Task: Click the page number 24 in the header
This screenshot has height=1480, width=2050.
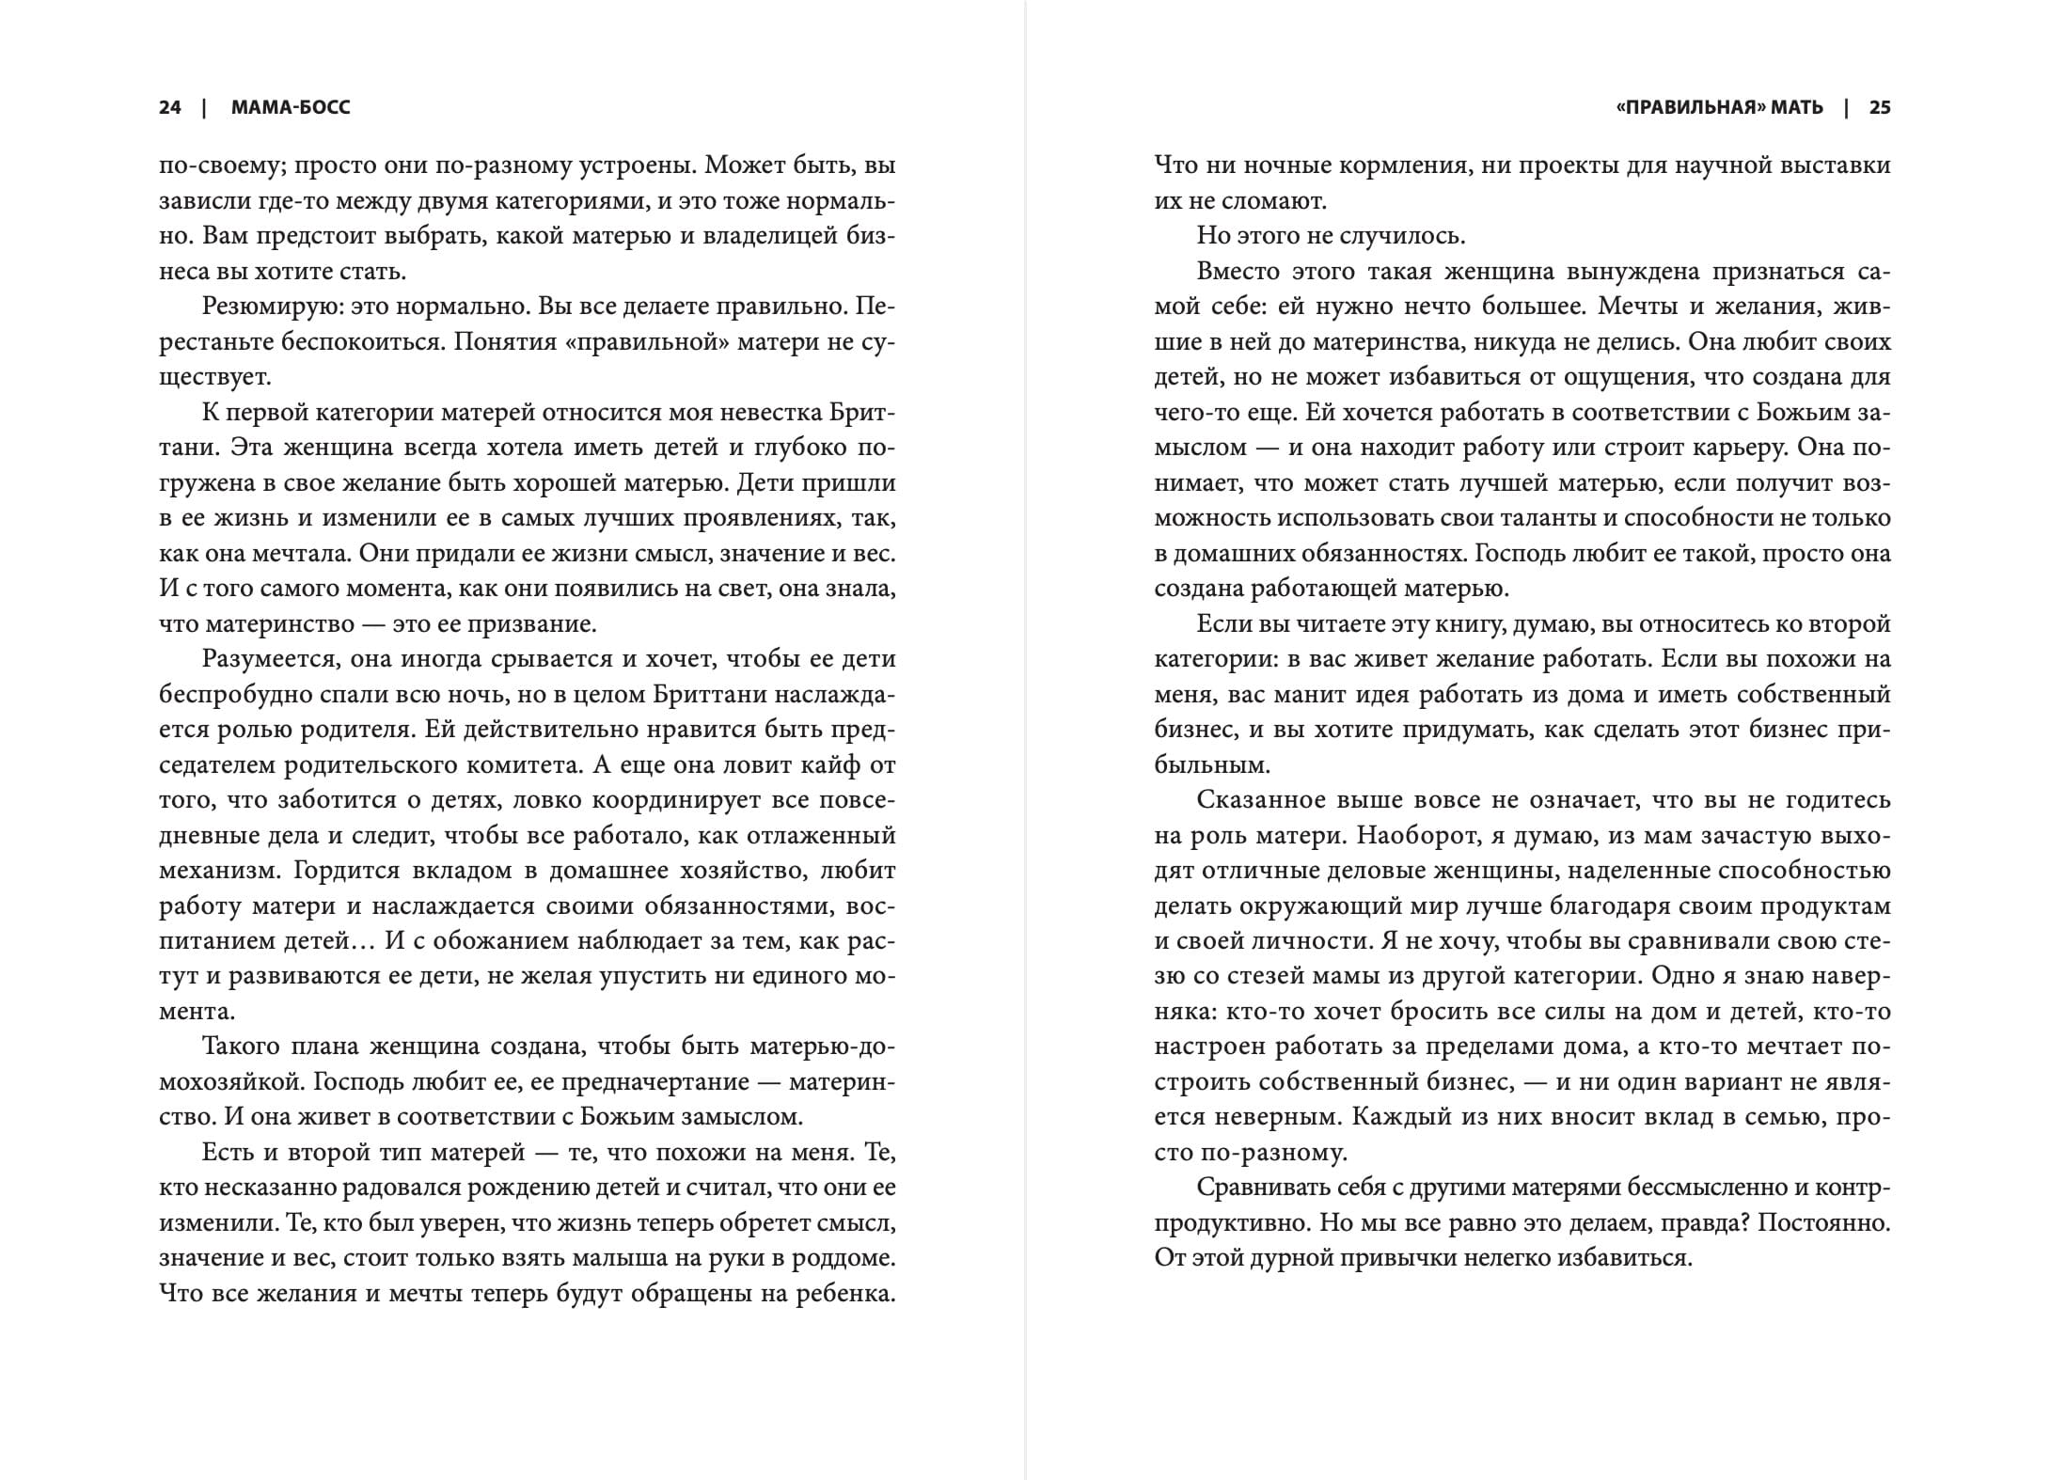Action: coord(169,108)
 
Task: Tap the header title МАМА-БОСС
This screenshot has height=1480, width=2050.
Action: coord(291,108)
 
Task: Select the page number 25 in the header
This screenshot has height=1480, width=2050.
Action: coord(1880,108)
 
